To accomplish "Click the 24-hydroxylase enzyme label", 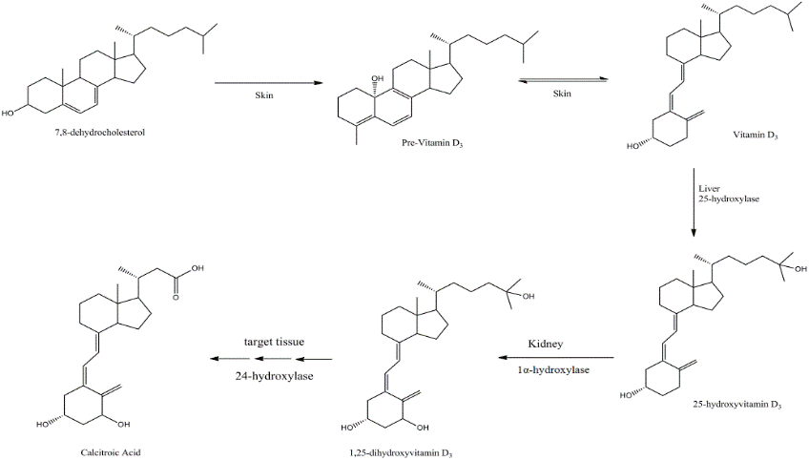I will click(275, 375).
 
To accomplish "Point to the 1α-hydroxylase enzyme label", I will click(552, 368).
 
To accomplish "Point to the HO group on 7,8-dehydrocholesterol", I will click(9, 113).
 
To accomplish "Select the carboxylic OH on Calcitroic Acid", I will click(197, 268).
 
